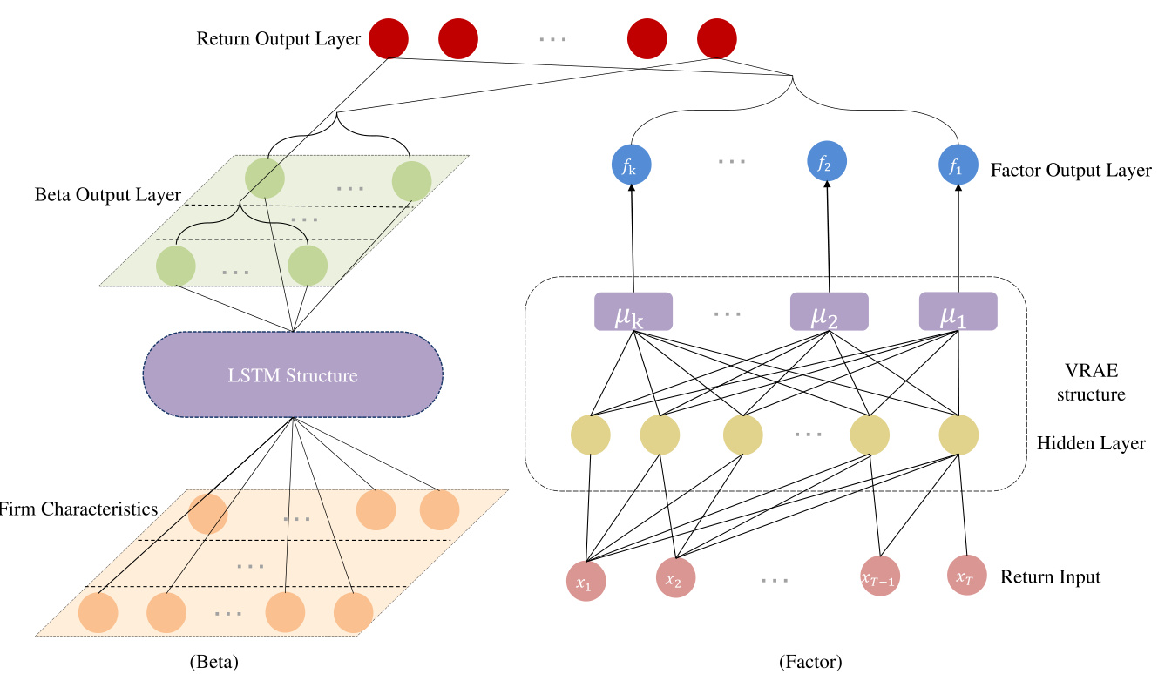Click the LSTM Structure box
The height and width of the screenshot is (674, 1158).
[292, 376]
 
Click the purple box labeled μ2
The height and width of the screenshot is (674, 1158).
[829, 311]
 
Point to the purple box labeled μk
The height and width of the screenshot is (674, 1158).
[633, 311]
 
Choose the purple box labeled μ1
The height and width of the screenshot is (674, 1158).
[958, 311]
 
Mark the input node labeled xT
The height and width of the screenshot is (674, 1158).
[965, 576]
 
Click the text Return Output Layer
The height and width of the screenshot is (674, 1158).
[279, 39]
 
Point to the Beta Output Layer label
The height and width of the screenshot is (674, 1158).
[108, 195]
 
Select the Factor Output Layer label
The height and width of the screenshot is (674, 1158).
[1071, 171]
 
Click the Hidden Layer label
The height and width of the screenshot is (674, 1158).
[1091, 444]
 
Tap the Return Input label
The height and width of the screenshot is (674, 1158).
[1050, 576]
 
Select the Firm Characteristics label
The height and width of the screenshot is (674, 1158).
[78, 509]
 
